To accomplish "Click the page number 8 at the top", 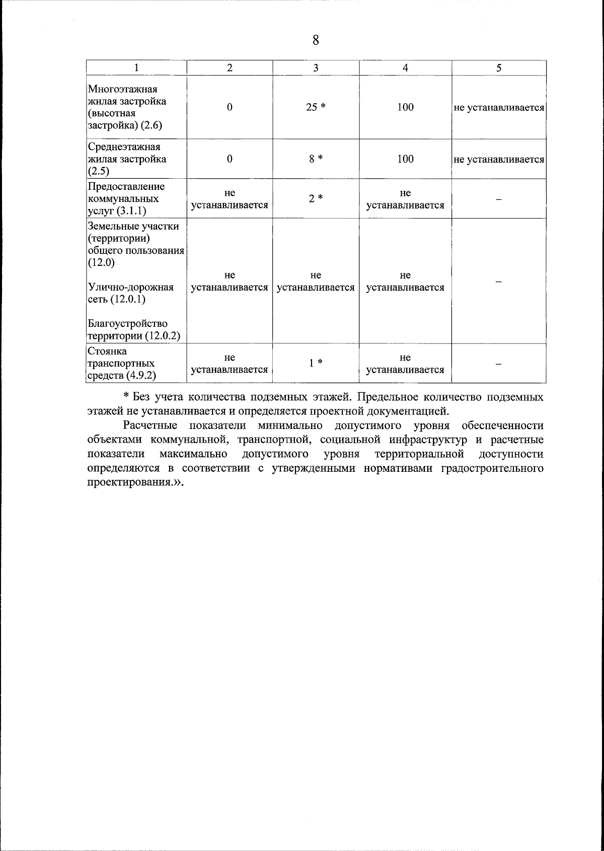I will tap(316, 41).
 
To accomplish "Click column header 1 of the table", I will tap(136, 68).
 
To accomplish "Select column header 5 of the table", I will tap(498, 68).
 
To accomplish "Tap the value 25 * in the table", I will tap(316, 107).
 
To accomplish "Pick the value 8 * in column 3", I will tap(316, 159).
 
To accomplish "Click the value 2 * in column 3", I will tap(316, 199).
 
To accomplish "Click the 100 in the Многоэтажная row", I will tap(405, 107).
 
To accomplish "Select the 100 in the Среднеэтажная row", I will tap(405, 159).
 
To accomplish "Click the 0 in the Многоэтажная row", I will tap(230, 107).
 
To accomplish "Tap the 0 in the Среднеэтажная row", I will tap(230, 159).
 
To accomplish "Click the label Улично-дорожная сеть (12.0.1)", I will tap(131, 293).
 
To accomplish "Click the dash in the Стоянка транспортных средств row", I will tap(498, 364).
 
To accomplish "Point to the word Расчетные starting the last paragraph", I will tap(150, 426).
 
